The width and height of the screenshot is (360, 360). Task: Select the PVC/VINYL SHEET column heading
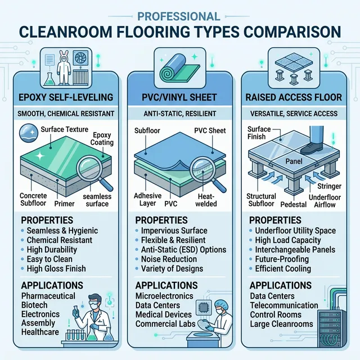pyautogui.click(x=180, y=97)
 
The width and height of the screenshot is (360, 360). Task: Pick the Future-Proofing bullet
pyautogui.click(x=282, y=259)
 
